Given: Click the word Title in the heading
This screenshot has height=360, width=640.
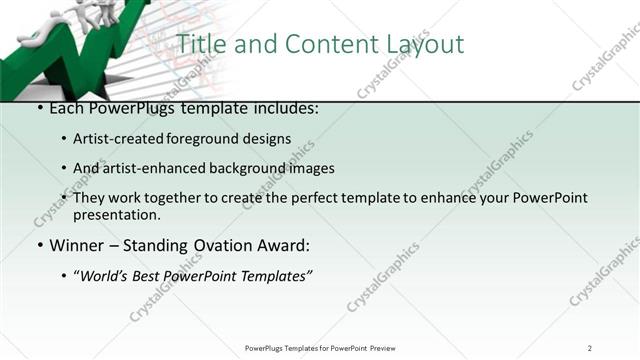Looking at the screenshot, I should pos(201,45).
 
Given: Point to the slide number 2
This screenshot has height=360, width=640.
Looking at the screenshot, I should pos(590,347).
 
